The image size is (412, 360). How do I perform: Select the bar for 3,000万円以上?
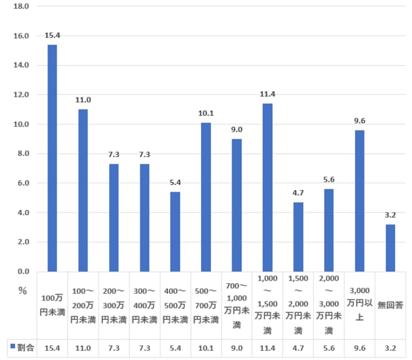pyautogui.click(x=360, y=201)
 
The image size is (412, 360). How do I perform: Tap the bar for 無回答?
pyautogui.click(x=391, y=247)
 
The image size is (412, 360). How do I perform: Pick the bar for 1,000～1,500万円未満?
pyautogui.click(x=268, y=187)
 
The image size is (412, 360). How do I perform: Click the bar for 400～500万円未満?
pyautogui.click(x=175, y=231)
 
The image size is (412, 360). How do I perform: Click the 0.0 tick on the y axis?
pyautogui.click(x=23, y=271)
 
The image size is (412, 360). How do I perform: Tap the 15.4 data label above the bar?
pyautogui.click(x=52, y=36)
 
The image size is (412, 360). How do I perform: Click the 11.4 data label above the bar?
pyautogui.click(x=268, y=94)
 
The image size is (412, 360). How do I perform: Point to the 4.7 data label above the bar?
pyautogui.click(x=298, y=193)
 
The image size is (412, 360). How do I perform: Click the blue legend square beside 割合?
pyautogui.click(x=11, y=345)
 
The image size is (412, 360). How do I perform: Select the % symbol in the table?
pyautogui.click(x=22, y=291)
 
